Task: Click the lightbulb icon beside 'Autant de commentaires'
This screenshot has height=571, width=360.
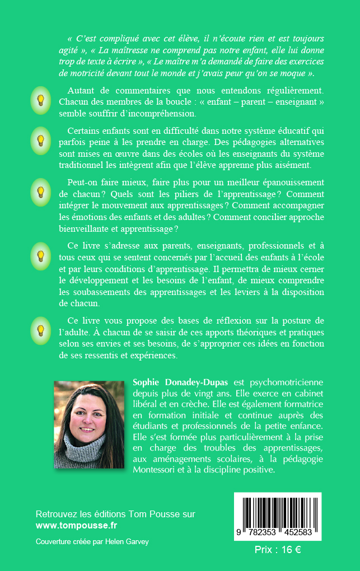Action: (x=40, y=101)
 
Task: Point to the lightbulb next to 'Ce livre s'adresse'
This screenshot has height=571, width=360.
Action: (x=40, y=256)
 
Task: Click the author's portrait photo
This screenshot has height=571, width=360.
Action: (x=89, y=424)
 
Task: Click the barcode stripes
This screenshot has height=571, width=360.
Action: (x=278, y=511)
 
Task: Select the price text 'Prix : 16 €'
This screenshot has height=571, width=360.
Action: (x=278, y=550)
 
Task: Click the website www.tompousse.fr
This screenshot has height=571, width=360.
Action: (x=77, y=526)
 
